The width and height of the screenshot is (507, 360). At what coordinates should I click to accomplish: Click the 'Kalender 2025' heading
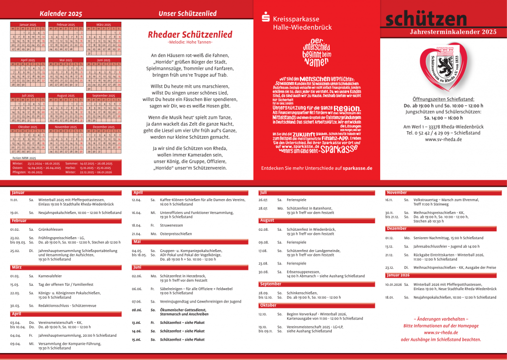pos(61,13)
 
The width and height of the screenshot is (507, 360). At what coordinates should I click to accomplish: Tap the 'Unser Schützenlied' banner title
pos(188,13)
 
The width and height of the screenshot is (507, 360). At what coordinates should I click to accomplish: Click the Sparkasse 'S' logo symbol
pos(265,19)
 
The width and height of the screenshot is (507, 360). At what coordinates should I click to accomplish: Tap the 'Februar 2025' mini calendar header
pos(66,24)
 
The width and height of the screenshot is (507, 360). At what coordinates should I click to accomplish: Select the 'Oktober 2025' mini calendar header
pos(28,127)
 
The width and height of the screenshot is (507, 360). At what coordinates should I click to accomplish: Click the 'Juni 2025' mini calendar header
pos(103,60)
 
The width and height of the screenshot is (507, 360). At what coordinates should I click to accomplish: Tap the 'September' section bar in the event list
pos(270,284)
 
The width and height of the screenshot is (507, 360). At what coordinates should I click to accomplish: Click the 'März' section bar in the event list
pos(16,267)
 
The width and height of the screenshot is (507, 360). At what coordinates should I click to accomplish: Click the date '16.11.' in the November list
pos(389,200)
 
